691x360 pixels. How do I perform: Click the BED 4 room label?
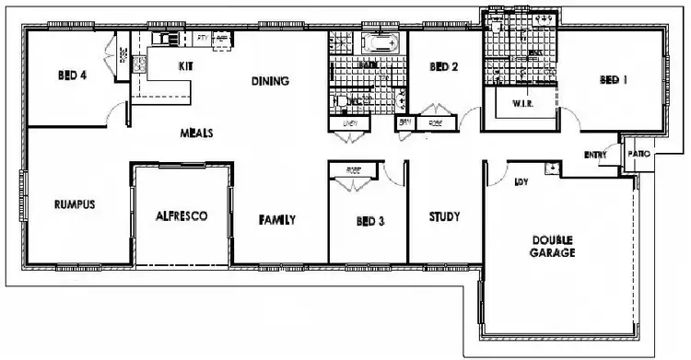pos(71,77)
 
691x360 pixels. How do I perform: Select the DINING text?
pos(270,81)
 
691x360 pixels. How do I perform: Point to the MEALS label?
pos(196,133)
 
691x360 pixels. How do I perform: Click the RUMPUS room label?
pos(76,204)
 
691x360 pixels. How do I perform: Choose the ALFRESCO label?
pos(182,216)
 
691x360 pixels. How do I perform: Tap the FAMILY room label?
pos(276,220)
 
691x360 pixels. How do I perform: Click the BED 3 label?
pos(370,221)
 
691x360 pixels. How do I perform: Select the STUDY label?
pos(444,217)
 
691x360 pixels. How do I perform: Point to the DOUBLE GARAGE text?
pos(553,246)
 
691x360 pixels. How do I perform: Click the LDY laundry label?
pos(521,181)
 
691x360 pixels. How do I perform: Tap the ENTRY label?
pos(595,155)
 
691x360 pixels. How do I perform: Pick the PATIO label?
pos(638,154)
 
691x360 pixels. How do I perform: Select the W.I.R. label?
pos(523,104)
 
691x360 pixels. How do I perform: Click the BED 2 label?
pos(444,67)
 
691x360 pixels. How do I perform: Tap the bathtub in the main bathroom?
pos(379,42)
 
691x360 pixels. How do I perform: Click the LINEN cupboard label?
pos(349,122)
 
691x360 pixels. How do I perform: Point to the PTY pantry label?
pos(202,38)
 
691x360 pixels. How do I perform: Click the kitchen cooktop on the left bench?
pos(139,64)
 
